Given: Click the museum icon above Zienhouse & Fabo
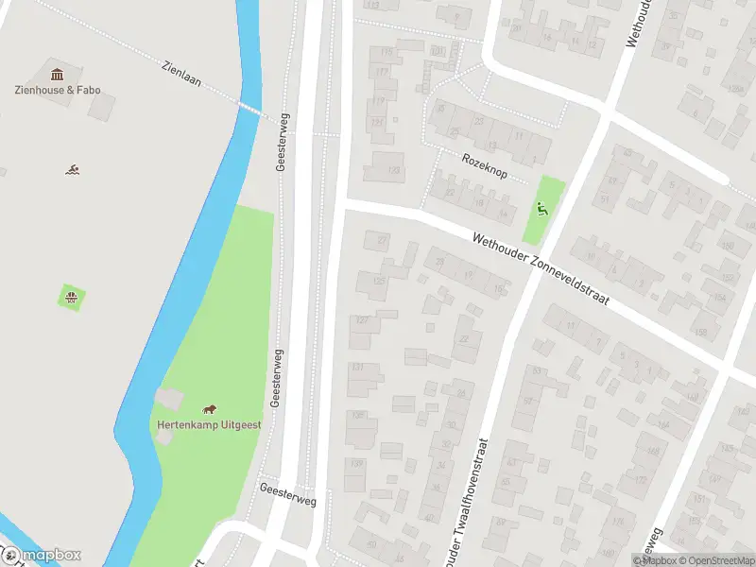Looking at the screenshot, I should [57, 74].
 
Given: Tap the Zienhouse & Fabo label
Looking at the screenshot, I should [58, 91].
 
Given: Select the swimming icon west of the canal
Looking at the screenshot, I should [72, 170].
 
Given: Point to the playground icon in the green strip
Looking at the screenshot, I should [542, 209].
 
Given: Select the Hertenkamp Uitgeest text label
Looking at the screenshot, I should [209, 424].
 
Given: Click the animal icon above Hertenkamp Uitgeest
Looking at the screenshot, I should [209, 409].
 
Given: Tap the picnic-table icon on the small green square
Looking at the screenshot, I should [72, 299].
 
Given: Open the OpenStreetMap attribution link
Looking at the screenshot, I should [716, 560].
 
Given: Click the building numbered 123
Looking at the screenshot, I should [394, 170].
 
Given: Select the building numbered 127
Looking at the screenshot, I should [362, 320].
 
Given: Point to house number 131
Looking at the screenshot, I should [357, 367].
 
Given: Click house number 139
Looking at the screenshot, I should [356, 463].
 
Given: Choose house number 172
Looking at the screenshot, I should [642, 480].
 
